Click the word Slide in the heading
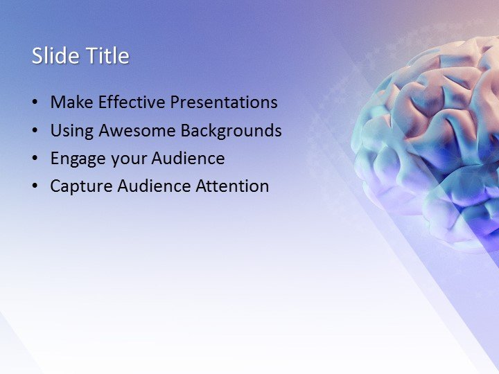[55, 56]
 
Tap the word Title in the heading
[106, 56]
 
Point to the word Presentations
[224, 103]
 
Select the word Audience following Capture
[151, 186]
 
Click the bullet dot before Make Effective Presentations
[35, 103]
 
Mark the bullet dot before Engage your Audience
[35, 159]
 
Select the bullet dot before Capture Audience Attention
[35, 187]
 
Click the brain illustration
[430, 139]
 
